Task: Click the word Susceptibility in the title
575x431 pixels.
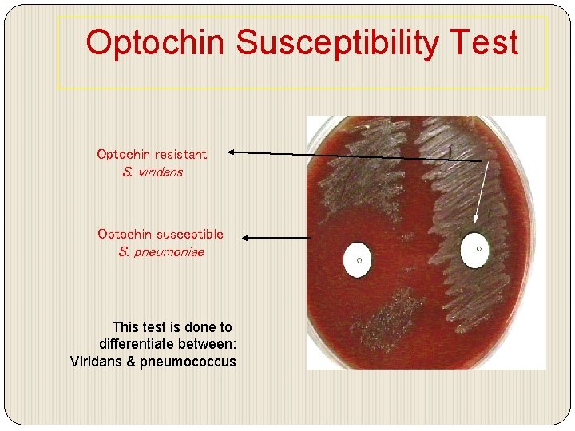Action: pyautogui.click(x=338, y=43)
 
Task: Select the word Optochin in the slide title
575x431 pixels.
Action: pyautogui.click(x=157, y=43)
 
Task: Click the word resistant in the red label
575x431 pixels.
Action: pyautogui.click(x=180, y=154)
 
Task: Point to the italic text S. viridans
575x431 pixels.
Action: pyautogui.click(x=151, y=172)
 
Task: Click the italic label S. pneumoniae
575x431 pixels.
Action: pyautogui.click(x=161, y=252)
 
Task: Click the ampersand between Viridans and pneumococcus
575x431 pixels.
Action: pyautogui.click(x=128, y=362)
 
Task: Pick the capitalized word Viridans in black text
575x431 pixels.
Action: pyautogui.click(x=95, y=362)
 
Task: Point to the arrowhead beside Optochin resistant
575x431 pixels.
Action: pyautogui.click(x=231, y=151)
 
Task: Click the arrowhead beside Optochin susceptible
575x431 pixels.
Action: pyautogui.click(x=245, y=237)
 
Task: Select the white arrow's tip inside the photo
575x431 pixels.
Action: pyautogui.click(x=477, y=223)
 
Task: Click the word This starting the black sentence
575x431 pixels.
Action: pyautogui.click(x=126, y=326)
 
